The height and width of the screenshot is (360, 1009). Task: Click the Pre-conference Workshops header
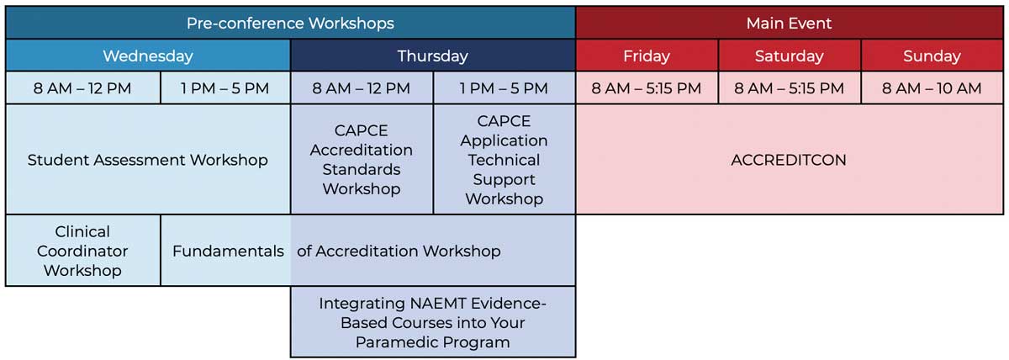291,23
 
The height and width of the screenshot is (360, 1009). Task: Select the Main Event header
790,23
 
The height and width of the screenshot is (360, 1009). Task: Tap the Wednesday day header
148,56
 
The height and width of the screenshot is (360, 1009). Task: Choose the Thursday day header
433,56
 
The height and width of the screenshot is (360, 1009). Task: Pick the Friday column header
647,56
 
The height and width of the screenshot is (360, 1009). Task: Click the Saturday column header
790,56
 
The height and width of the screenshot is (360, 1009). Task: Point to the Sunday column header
932,56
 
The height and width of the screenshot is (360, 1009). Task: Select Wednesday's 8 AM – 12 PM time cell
83,88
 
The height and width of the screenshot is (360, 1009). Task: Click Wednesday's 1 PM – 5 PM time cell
225,88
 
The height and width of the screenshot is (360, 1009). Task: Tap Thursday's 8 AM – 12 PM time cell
362,88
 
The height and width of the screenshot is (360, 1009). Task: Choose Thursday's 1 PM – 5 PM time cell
504,88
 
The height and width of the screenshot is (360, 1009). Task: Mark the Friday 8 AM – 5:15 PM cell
647,88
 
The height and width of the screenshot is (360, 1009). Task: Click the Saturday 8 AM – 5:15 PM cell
790,88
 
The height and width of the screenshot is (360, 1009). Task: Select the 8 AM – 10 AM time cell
932,88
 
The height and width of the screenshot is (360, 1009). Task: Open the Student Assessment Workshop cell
148,160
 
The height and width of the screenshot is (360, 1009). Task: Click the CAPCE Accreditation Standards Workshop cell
362,160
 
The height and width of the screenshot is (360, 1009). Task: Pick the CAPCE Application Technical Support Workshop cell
504,160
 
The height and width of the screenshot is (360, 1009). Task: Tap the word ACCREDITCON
789,160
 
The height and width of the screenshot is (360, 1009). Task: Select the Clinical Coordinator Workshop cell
83,251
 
